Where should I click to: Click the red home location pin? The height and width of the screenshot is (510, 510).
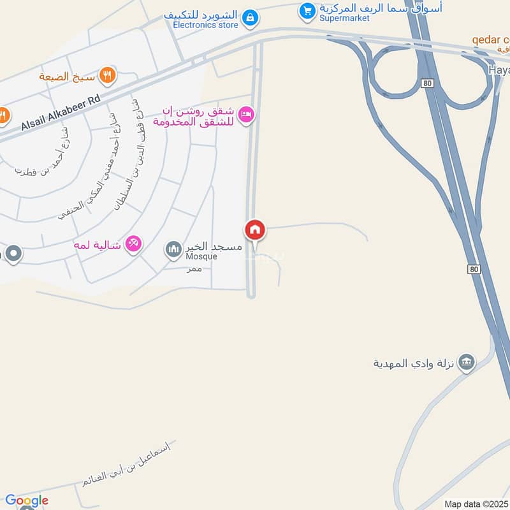tap(255, 230)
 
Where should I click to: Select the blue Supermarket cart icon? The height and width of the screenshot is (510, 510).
tap(308, 11)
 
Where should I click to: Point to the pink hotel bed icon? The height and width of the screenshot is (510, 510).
tap(245, 115)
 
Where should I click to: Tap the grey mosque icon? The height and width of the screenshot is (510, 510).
tap(173, 249)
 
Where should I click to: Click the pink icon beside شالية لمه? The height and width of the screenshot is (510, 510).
tap(133, 243)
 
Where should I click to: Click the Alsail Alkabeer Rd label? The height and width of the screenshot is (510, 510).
tap(61, 113)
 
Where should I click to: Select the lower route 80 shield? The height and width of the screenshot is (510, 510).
tap(472, 269)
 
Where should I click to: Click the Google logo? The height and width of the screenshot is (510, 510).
tap(26, 500)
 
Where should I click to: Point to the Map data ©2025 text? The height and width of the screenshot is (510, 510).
tap(477, 504)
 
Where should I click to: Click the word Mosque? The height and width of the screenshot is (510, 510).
tap(201, 257)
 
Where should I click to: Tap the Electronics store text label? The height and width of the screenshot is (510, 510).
tap(205, 25)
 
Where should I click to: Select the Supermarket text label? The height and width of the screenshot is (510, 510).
tap(345, 18)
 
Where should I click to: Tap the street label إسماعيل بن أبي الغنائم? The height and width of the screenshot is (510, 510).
tap(127, 463)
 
